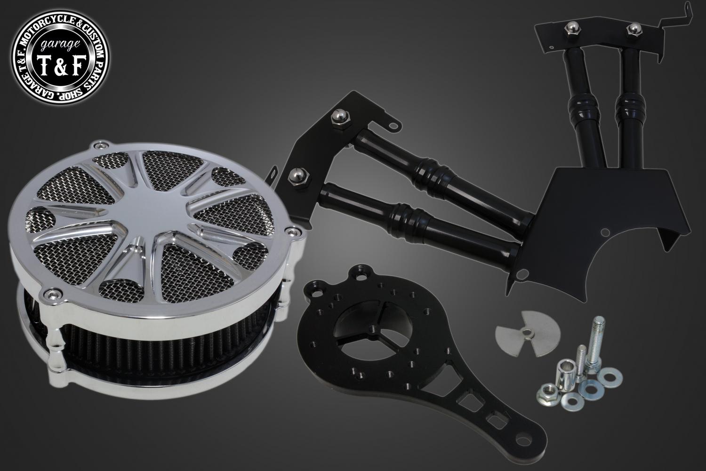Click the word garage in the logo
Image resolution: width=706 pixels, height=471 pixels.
pyautogui.click(x=60, y=45)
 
